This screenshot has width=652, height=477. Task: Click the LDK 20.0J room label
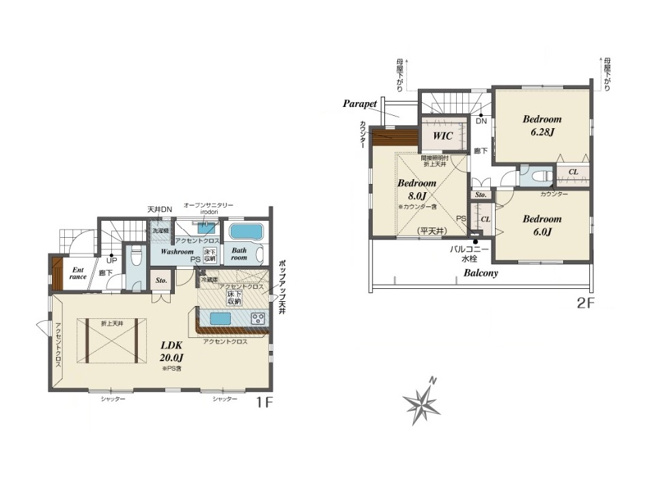[x=171, y=350]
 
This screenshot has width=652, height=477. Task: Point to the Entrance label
[x=77, y=273]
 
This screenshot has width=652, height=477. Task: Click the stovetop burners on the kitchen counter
[x=257, y=318]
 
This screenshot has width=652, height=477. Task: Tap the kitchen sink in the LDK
[x=221, y=320]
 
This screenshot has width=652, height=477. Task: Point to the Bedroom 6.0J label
[x=542, y=224]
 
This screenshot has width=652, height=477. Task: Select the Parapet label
[x=358, y=103]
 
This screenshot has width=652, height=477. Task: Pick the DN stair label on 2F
[x=480, y=121]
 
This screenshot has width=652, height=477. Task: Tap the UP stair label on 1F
[x=110, y=260]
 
